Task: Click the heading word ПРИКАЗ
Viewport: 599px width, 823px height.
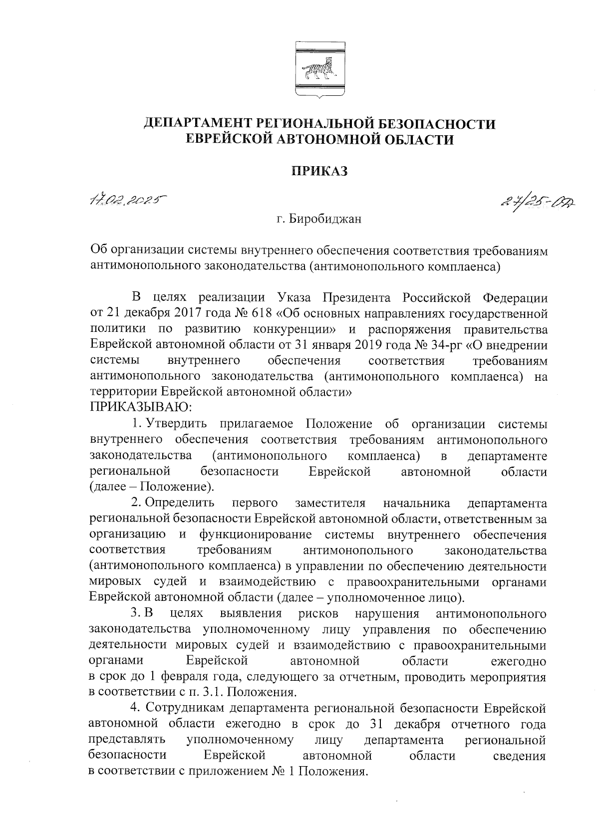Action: click(319, 171)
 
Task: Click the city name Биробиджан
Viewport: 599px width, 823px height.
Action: click(319, 219)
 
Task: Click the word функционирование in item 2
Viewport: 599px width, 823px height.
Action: click(255, 535)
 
